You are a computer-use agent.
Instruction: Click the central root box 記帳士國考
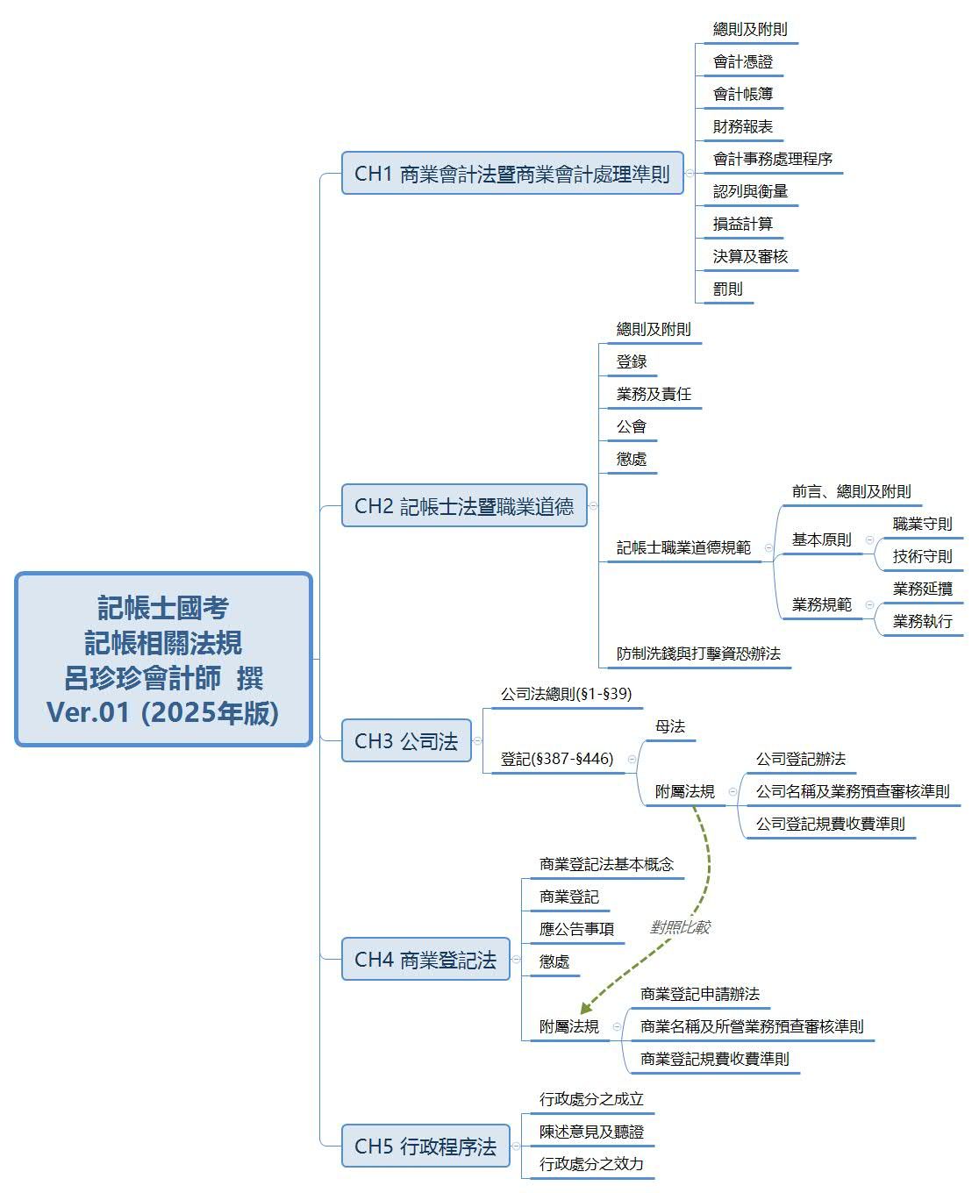tap(163, 659)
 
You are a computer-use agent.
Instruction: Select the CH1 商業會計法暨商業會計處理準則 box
tap(511, 173)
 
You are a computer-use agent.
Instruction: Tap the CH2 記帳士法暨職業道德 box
tap(464, 506)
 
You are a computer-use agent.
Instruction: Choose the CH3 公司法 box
tap(406, 740)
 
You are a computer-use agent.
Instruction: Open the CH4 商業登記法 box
tap(425, 959)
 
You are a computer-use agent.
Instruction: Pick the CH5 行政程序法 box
tap(425, 1146)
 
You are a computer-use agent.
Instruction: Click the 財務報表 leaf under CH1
tap(742, 126)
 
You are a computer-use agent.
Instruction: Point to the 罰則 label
tap(727, 289)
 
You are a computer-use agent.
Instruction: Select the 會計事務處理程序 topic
tap(772, 159)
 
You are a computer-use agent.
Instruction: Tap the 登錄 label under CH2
tap(632, 361)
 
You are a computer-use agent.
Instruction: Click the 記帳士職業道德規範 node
tap(683, 547)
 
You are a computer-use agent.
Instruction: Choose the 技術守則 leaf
tap(922, 556)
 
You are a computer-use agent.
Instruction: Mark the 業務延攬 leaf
tap(922, 589)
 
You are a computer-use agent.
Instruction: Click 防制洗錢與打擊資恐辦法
tap(698, 654)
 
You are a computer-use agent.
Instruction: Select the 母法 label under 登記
tap(669, 725)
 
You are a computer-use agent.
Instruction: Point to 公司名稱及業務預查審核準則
tap(853, 791)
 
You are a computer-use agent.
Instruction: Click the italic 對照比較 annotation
tap(680, 926)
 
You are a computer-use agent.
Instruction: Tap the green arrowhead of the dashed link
tap(586, 1007)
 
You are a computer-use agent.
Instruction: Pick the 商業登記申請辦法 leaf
tap(700, 993)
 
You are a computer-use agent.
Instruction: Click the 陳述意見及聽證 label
tap(591, 1132)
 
